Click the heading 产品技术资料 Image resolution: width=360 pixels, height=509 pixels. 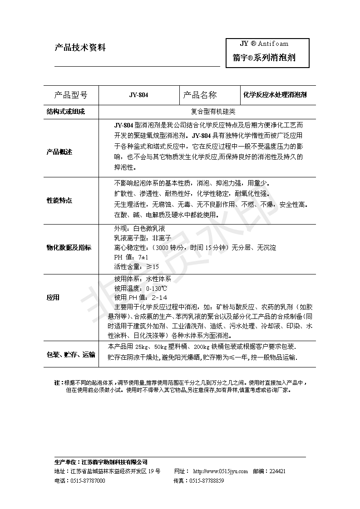80,48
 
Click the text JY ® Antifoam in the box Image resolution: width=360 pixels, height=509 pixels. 264,44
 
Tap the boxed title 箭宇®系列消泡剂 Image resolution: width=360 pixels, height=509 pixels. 264,58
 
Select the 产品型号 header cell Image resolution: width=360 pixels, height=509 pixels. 70,95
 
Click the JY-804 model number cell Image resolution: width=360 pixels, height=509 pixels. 138,95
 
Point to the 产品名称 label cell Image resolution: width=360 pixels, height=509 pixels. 200,95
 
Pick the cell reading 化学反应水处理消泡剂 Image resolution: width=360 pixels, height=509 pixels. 275,95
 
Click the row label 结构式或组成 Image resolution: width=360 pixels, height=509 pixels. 66,112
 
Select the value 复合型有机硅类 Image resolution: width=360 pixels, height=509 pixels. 207,112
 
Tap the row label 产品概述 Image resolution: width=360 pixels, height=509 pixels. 59,152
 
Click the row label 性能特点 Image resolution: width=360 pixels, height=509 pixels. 59,200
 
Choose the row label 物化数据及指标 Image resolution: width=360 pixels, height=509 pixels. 69,247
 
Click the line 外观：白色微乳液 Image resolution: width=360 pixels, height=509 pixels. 137,229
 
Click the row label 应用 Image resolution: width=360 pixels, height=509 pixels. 53,298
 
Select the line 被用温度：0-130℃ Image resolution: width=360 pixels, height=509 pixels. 141,289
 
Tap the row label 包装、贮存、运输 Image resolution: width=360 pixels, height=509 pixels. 71,354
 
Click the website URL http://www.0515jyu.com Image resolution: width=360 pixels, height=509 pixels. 221,471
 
